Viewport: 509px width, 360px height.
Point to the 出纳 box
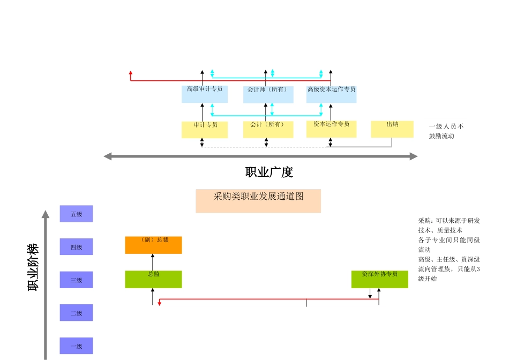point(392,129)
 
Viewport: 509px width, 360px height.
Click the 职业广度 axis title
point(269,172)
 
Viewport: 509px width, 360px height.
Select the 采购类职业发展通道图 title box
point(258,201)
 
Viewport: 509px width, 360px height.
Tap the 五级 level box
point(76,214)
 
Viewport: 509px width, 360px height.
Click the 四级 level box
point(76,247)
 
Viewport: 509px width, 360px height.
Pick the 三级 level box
point(76,280)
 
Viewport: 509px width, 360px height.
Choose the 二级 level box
point(76,313)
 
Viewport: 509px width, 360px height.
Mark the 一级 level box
point(76,346)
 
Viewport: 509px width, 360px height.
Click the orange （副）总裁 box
point(153,245)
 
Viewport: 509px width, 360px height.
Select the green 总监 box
point(153,279)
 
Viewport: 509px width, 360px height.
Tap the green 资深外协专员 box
point(379,279)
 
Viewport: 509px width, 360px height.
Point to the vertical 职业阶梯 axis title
point(33,267)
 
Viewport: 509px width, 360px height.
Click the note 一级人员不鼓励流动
point(446,131)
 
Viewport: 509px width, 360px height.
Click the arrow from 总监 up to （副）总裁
point(153,262)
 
